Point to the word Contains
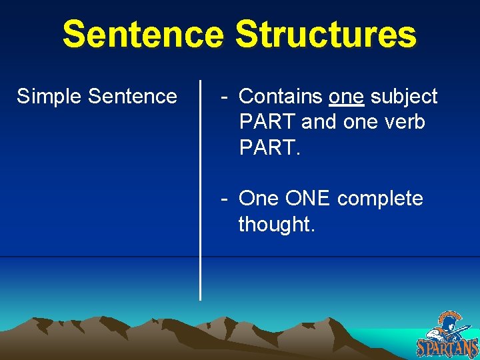281,97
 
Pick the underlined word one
346,97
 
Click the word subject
404,97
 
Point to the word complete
380,199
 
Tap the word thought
275,225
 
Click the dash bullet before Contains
226,97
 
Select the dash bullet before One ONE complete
226,199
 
